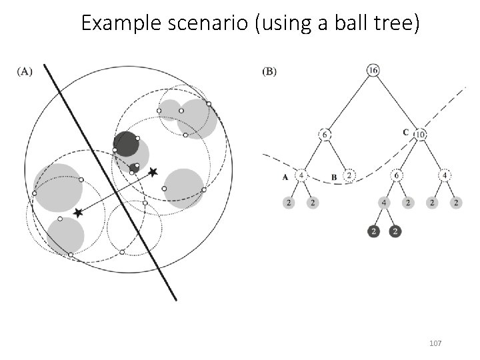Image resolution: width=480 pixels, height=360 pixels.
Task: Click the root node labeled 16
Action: [x=372, y=69]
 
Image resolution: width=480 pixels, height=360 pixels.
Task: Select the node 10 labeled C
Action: [x=420, y=134]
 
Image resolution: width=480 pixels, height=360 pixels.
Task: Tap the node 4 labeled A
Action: [x=302, y=176]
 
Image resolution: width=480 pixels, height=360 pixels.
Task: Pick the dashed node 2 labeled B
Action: [x=349, y=176]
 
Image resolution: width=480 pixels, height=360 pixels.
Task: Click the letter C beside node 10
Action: [x=406, y=132]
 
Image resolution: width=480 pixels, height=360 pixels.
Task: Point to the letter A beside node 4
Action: [x=285, y=177]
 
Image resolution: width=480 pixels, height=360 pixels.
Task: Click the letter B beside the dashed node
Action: [x=333, y=177]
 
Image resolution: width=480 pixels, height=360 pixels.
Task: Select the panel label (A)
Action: [x=23, y=71]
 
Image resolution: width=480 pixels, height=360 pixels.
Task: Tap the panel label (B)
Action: [x=271, y=71]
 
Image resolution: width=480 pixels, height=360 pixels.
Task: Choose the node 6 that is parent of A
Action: [x=325, y=134]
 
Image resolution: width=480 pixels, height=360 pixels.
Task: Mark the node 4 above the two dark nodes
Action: [x=385, y=201]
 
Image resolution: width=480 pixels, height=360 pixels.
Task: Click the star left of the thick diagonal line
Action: [x=78, y=213]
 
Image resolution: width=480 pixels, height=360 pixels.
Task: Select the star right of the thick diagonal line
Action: [x=153, y=172]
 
